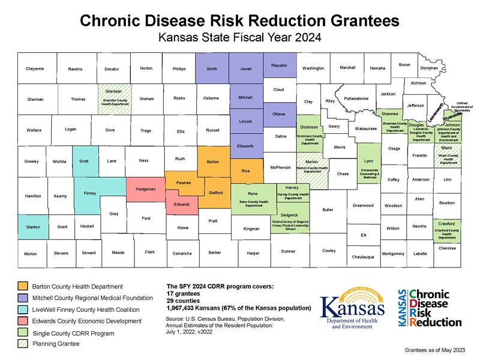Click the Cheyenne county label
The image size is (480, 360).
[35, 69]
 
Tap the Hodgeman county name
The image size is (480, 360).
[146, 190]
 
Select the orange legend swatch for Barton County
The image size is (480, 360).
[23, 286]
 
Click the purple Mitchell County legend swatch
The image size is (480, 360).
[23, 298]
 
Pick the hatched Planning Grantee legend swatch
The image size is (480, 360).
[23, 344]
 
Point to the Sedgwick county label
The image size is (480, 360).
[289, 214]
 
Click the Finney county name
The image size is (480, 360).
[90, 193]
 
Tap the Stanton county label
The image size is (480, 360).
[33, 227]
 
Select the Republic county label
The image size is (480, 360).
[279, 65]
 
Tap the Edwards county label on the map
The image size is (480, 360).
[182, 205]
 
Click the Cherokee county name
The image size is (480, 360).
[447, 248]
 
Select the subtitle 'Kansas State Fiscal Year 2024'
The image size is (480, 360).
[240, 37]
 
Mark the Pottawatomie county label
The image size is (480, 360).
[356, 98]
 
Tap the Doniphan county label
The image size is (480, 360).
[429, 68]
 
